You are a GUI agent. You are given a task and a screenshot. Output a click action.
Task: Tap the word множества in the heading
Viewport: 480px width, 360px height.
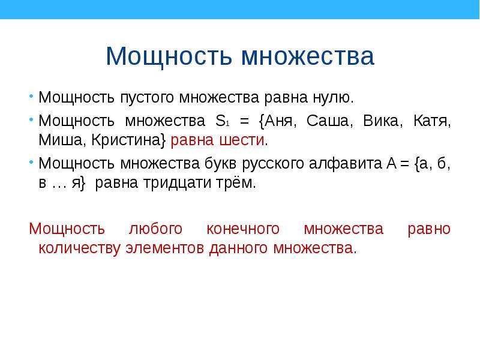click(x=308, y=56)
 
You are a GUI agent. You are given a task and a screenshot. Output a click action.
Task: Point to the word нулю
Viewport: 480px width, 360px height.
click(x=333, y=98)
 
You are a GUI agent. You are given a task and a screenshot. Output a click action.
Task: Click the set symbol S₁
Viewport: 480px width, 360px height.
click(x=222, y=121)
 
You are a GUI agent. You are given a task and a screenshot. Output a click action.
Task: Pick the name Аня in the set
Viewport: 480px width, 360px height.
click(x=278, y=121)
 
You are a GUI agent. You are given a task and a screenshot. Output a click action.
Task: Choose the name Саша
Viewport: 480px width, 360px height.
click(x=327, y=121)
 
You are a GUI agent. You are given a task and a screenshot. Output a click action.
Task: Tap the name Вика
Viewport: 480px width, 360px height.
click(x=380, y=121)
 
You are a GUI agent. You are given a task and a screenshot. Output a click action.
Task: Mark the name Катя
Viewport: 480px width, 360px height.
click(x=430, y=121)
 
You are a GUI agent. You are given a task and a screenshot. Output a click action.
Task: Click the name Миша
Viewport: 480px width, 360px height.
click(x=60, y=140)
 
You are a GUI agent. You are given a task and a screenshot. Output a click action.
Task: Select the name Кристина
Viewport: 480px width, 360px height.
click(x=126, y=140)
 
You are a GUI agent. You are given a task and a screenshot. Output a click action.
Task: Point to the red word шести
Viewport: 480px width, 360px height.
click(x=242, y=140)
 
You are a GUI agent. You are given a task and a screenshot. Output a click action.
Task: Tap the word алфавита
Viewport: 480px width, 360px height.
click(x=346, y=164)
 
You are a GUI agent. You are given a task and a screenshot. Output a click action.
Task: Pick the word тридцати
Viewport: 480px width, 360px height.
click(x=177, y=184)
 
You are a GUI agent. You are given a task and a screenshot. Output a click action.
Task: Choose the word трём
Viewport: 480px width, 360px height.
click(x=235, y=183)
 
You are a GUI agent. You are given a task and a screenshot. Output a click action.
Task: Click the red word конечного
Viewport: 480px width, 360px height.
click(x=243, y=230)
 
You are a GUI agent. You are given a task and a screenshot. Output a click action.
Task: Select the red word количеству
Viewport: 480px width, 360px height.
click(x=79, y=248)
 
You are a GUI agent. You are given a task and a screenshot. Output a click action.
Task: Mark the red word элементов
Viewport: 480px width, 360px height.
click(x=164, y=248)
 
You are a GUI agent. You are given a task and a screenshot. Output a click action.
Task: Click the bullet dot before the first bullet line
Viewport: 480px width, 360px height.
click(x=31, y=97)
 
